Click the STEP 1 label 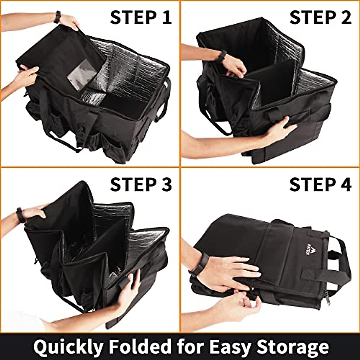tap(141, 17)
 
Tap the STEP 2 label tap(320, 17)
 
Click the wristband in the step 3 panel tap(20, 215)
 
